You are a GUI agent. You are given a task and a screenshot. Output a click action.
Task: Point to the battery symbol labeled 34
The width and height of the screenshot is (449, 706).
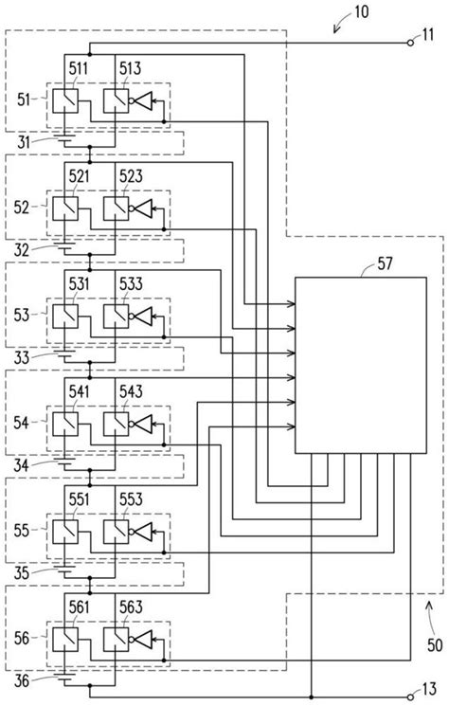click(64, 462)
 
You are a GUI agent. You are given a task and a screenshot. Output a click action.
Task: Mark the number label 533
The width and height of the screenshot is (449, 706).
click(132, 282)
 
